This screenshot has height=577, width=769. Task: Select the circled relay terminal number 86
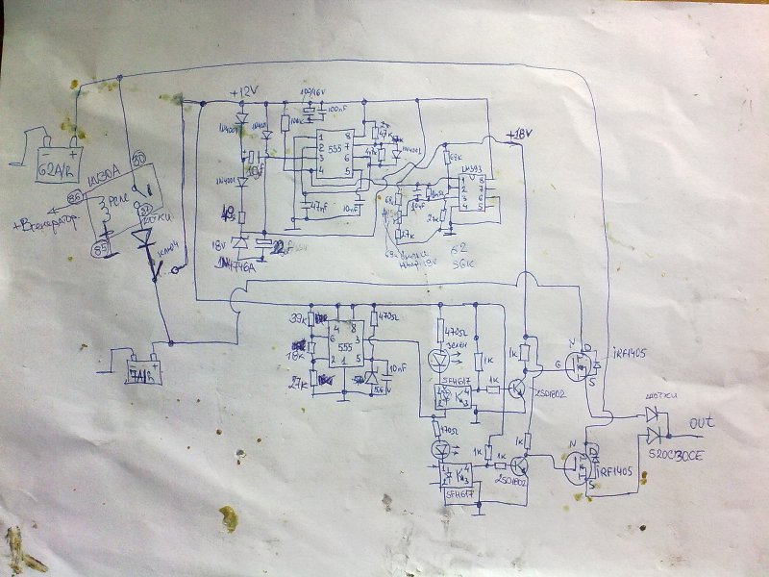click(x=74, y=199)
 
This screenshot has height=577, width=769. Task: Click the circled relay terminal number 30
click(x=137, y=158)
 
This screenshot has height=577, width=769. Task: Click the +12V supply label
click(x=246, y=91)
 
